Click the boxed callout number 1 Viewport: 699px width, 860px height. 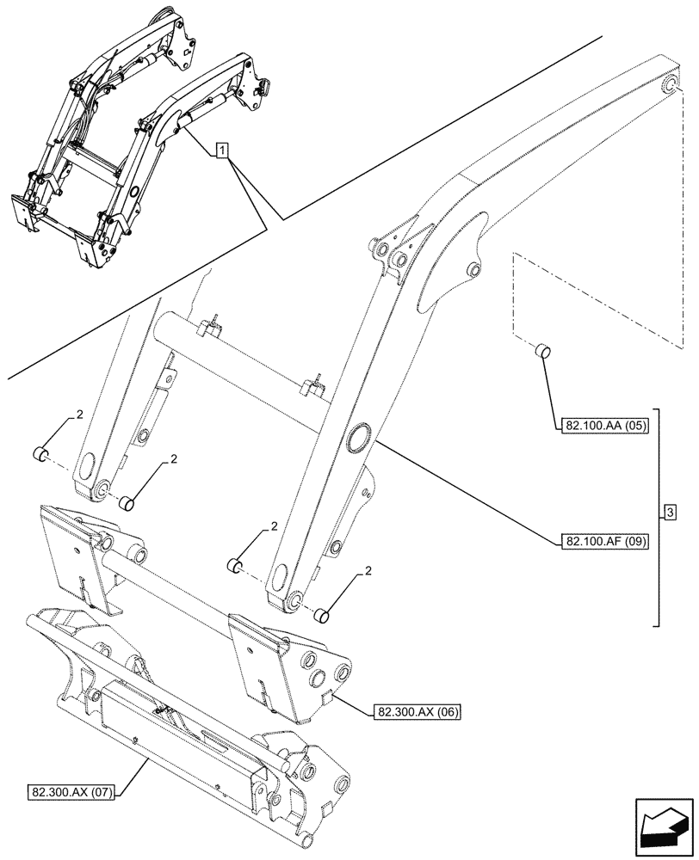[222, 152]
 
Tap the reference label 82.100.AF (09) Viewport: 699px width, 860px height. [605, 542]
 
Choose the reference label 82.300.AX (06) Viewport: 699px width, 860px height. [418, 711]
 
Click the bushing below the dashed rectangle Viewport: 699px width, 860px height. [542, 351]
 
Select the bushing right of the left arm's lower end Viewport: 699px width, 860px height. [126, 502]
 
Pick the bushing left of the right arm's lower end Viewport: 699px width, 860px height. [233, 565]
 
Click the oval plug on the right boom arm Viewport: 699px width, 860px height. [356, 436]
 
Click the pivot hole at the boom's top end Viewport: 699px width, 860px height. [670, 85]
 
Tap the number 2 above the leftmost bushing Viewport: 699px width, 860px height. [79, 415]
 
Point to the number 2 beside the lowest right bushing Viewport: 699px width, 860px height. [368, 570]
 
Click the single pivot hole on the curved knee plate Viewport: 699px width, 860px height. [472, 270]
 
